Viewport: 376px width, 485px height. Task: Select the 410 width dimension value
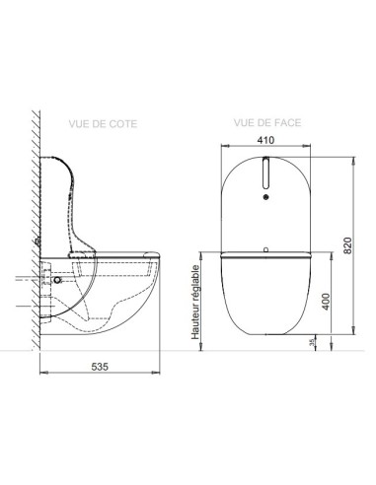[x=265, y=140]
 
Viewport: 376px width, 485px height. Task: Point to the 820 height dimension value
[x=347, y=242]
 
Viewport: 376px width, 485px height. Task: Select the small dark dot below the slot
[x=266, y=196]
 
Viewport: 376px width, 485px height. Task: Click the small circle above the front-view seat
[x=266, y=246]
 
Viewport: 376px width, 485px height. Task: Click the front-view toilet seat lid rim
[x=266, y=255]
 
